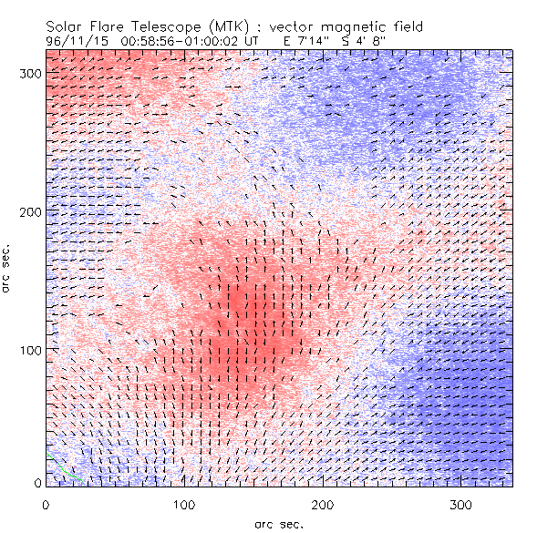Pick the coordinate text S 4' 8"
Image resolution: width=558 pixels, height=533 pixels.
pos(371,41)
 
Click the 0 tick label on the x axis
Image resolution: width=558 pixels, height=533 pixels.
pos(46,503)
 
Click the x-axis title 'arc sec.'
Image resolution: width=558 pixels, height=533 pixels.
pos(278,522)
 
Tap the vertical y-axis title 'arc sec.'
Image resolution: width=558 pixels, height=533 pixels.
pos(9,269)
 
